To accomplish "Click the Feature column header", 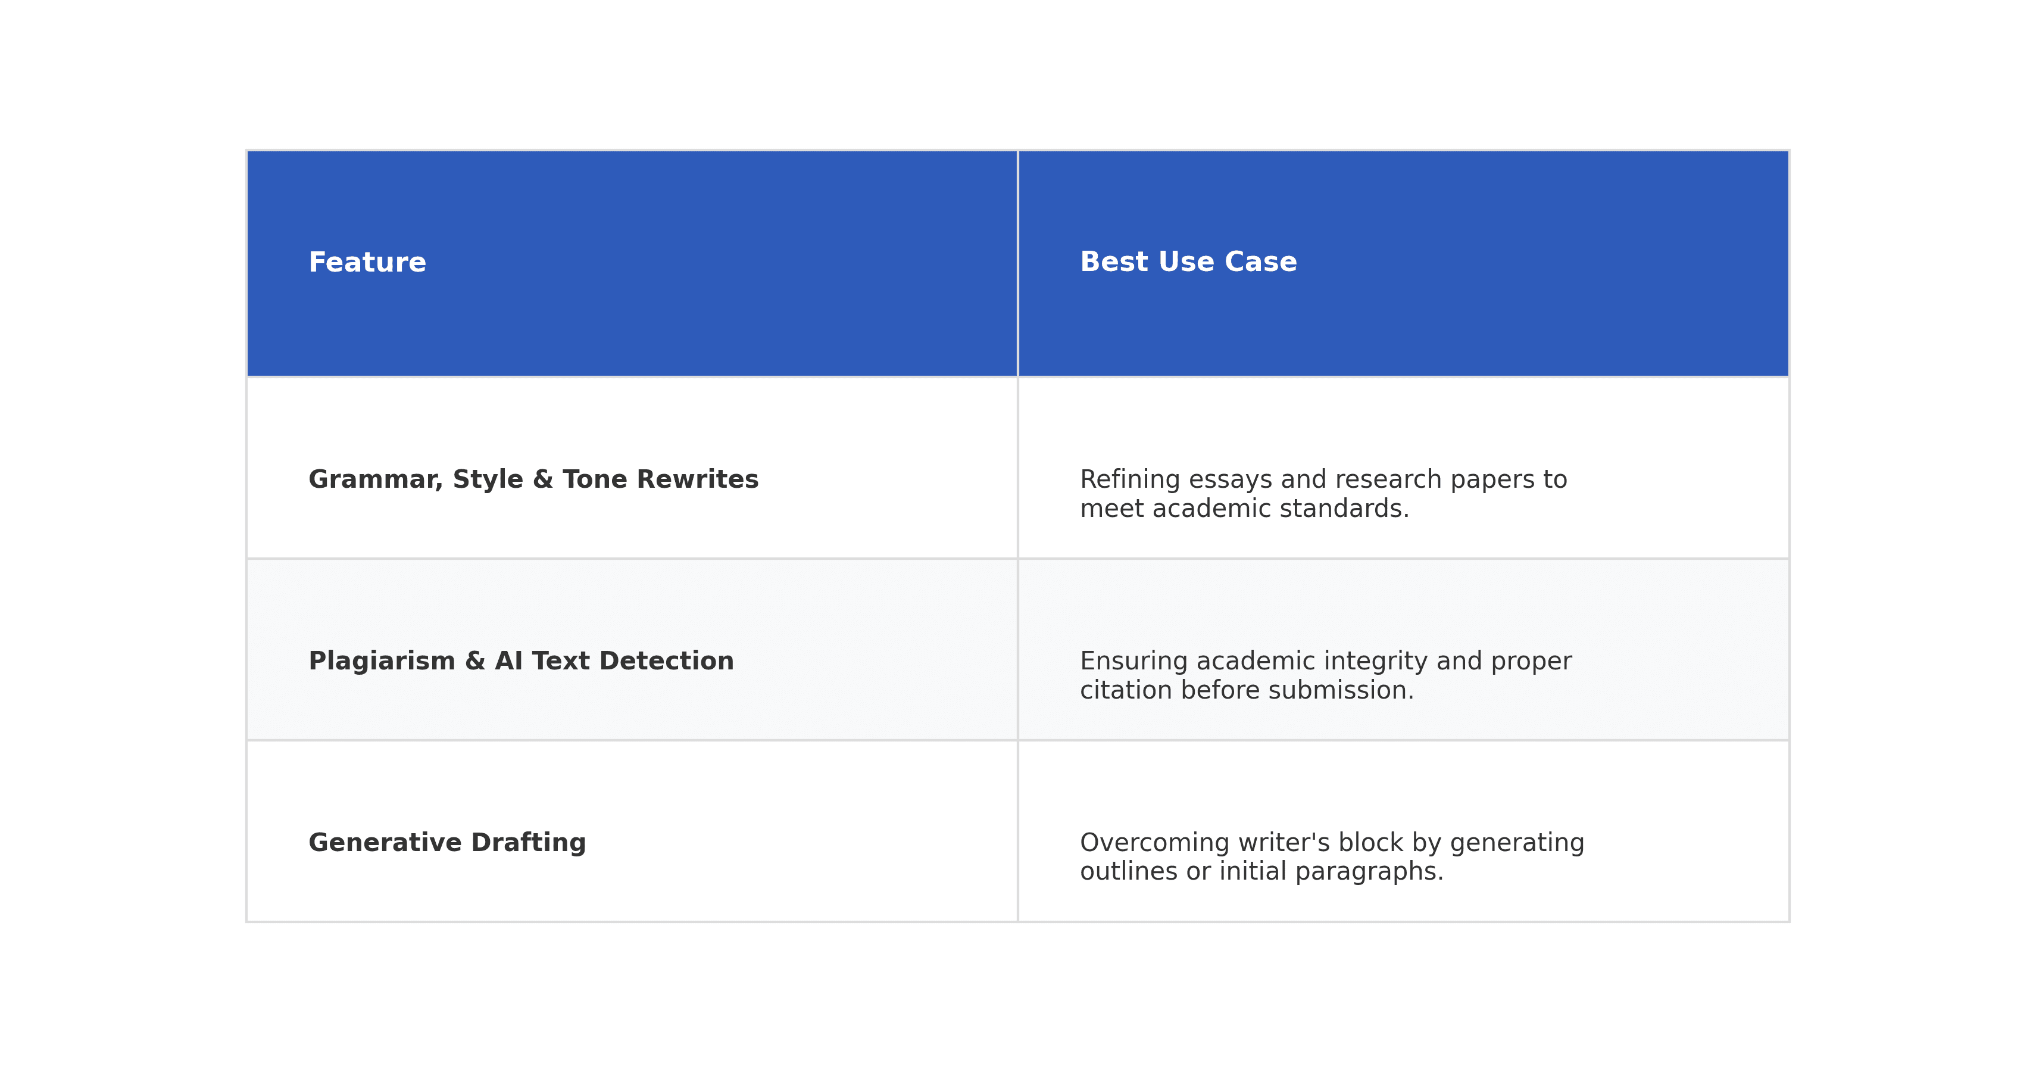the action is [367, 263].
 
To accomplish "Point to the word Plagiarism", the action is [382, 662].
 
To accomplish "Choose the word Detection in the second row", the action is [666, 661].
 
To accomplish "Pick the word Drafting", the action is [528, 843].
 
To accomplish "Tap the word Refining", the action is [1131, 480].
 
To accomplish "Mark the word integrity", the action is [1376, 662].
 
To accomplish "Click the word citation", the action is [1126, 690].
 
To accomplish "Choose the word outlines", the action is [1129, 871].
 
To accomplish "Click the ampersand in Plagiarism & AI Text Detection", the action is [475, 662].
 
